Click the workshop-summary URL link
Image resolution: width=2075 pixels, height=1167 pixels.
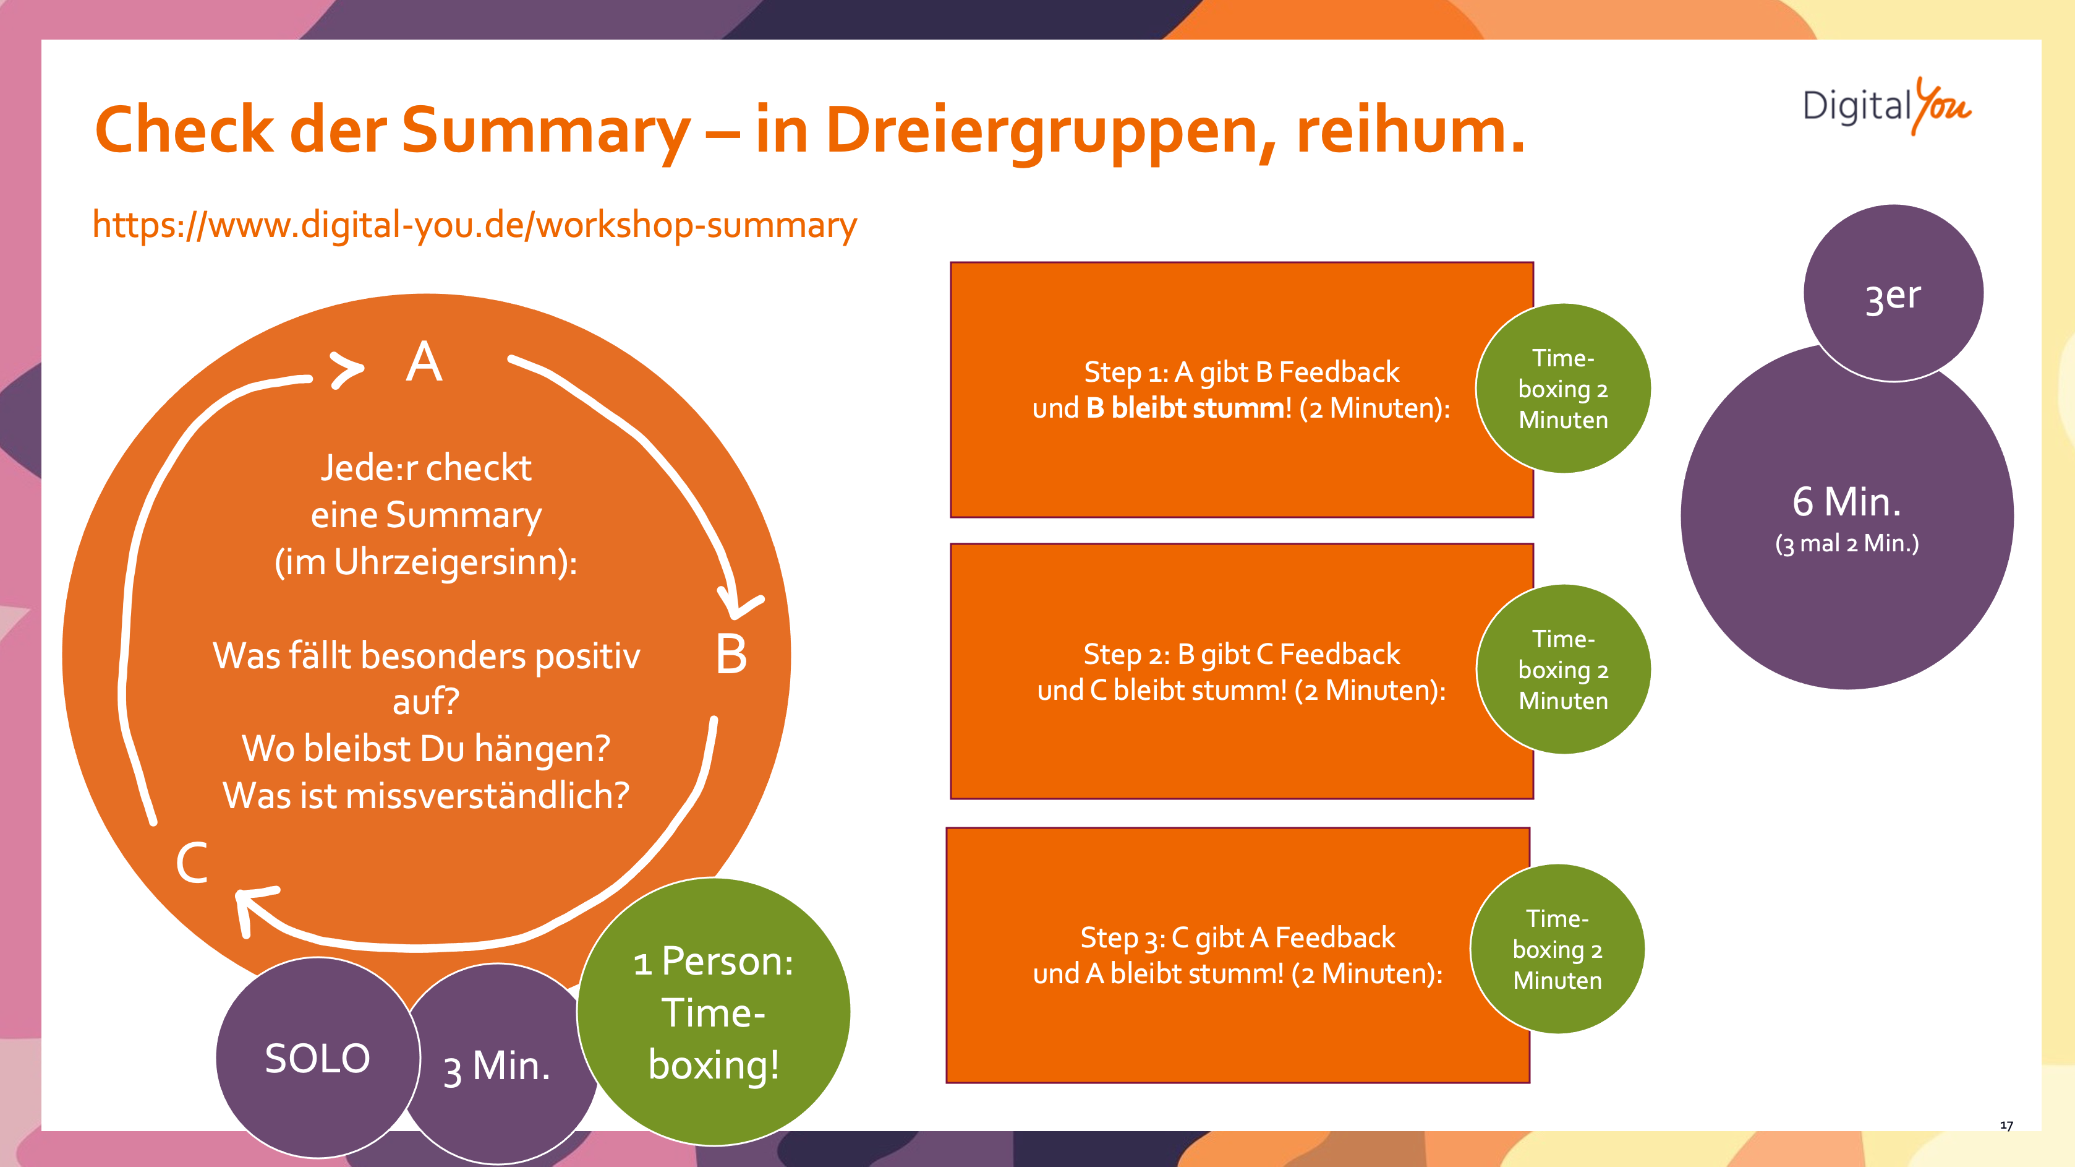point(474,225)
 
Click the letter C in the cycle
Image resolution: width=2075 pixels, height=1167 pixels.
point(192,863)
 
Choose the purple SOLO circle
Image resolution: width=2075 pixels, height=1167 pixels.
point(317,1058)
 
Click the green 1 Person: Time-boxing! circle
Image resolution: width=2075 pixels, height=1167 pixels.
point(714,1012)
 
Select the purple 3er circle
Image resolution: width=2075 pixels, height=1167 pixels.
point(1893,294)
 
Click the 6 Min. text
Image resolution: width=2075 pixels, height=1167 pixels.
point(1846,502)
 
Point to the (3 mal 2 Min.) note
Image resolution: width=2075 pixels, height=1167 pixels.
point(1846,544)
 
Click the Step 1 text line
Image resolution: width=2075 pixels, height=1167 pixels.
point(1242,372)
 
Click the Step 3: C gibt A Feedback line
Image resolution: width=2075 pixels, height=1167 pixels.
point(1237,938)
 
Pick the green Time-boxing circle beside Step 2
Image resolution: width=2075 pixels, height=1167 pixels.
point(1562,670)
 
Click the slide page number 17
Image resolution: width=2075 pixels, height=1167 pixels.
point(2006,1125)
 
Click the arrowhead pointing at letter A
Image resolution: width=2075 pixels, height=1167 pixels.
point(348,370)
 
